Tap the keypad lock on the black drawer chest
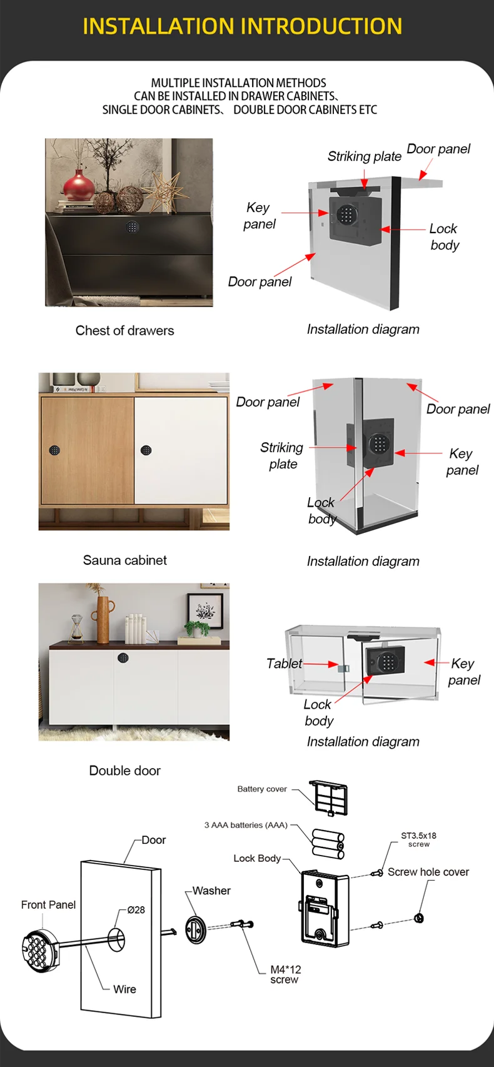pyautogui.click(x=132, y=226)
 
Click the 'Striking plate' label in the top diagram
pyautogui.click(x=364, y=156)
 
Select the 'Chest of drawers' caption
pyautogui.click(x=124, y=330)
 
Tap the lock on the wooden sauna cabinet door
pyautogui.click(x=54, y=450)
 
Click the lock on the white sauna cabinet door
pyautogui.click(x=146, y=450)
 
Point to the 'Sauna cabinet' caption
pyautogui.click(x=124, y=560)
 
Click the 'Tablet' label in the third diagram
pyautogui.click(x=284, y=664)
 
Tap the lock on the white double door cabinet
pyautogui.click(x=123, y=658)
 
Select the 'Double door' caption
pyautogui.click(x=124, y=771)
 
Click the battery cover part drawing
pyautogui.click(x=328, y=797)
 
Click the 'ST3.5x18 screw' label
pyautogui.click(x=418, y=839)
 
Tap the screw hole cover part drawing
pyautogui.click(x=419, y=918)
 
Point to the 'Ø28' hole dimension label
pyautogui.click(x=136, y=910)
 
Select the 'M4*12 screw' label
pyautogui.click(x=285, y=974)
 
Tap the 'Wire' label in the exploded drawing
pyautogui.click(x=124, y=989)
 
